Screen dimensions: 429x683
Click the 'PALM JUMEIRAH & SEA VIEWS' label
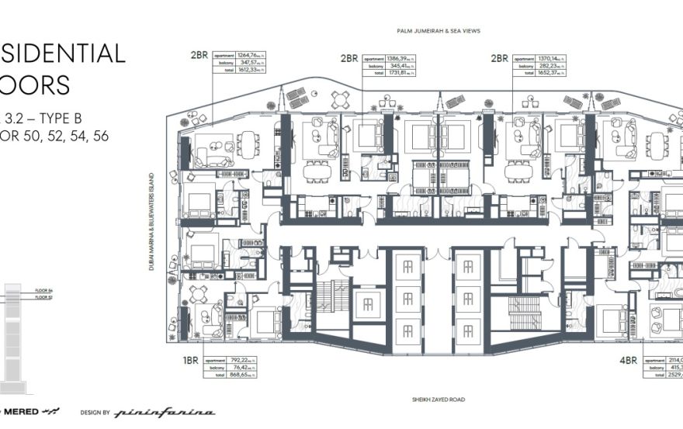point(437,31)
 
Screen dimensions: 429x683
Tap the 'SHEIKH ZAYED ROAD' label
point(437,401)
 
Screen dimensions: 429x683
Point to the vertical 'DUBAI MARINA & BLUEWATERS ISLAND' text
point(154,221)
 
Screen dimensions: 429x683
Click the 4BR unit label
point(628,360)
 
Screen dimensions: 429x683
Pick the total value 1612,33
point(251,69)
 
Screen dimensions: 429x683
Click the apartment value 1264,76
point(251,55)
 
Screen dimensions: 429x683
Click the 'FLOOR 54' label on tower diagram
point(42,290)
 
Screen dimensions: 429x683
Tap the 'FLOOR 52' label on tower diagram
point(42,297)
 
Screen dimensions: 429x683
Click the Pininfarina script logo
point(165,413)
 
